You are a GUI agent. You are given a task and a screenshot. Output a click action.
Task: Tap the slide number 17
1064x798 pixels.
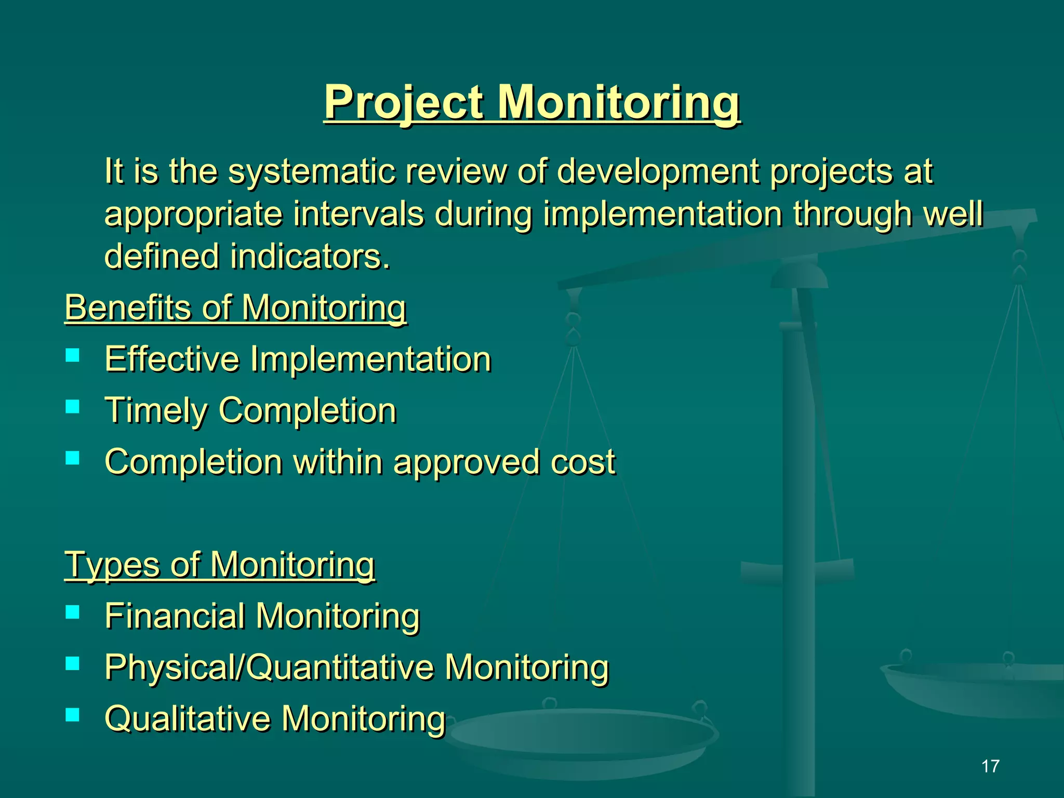point(990,766)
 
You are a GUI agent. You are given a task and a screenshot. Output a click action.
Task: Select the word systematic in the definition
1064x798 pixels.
point(312,171)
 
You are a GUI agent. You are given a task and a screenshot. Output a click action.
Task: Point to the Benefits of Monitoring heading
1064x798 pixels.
point(235,308)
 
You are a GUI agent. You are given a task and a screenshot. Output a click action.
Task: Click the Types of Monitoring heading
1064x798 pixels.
point(219,565)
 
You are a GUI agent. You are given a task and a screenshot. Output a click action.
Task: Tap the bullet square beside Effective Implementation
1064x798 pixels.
point(73,355)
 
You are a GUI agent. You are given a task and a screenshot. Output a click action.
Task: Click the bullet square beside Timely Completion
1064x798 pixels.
point(73,406)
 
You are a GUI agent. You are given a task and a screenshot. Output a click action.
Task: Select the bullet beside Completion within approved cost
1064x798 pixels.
point(73,458)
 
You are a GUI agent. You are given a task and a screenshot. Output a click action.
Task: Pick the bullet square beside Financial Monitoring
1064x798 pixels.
point(73,612)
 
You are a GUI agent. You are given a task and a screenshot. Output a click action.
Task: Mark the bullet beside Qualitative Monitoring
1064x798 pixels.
point(73,715)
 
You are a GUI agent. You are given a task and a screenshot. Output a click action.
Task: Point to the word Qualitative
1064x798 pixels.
point(188,719)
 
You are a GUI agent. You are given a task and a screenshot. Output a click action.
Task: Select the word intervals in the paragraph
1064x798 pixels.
point(358,214)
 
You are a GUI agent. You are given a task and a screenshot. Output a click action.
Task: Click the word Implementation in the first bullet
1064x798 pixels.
point(370,360)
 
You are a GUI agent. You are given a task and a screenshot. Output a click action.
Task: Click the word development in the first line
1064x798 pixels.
point(658,171)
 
